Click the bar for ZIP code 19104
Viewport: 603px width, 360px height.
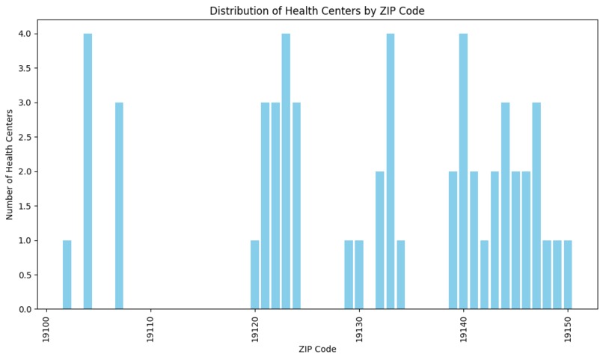point(88,171)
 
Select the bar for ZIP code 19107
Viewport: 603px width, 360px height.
point(119,206)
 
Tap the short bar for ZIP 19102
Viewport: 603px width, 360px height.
point(67,275)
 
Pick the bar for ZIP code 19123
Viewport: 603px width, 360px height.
point(286,171)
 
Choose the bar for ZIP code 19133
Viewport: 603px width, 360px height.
point(390,171)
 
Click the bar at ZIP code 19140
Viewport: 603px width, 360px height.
point(463,171)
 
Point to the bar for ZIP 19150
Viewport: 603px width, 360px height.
point(568,275)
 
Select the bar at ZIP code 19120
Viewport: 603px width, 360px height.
point(254,275)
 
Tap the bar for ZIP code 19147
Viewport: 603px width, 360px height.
point(536,206)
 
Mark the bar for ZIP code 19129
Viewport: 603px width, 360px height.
point(349,275)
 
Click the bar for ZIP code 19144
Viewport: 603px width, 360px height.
point(505,206)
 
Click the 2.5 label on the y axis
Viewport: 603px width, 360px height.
point(24,137)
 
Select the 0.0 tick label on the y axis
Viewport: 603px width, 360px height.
point(24,309)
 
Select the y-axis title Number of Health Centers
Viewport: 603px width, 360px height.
point(10,165)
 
